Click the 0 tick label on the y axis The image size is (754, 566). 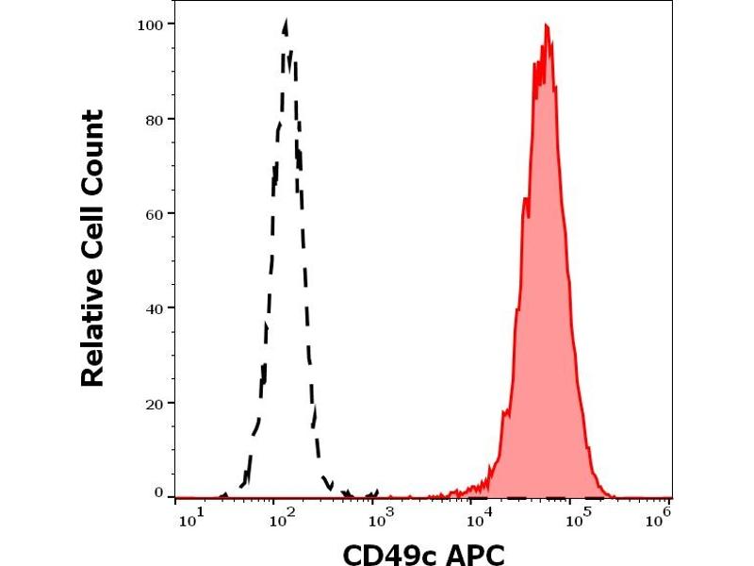point(158,491)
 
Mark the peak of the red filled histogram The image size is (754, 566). point(547,25)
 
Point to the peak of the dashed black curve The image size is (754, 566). point(285,21)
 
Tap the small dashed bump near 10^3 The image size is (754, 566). point(375,491)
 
